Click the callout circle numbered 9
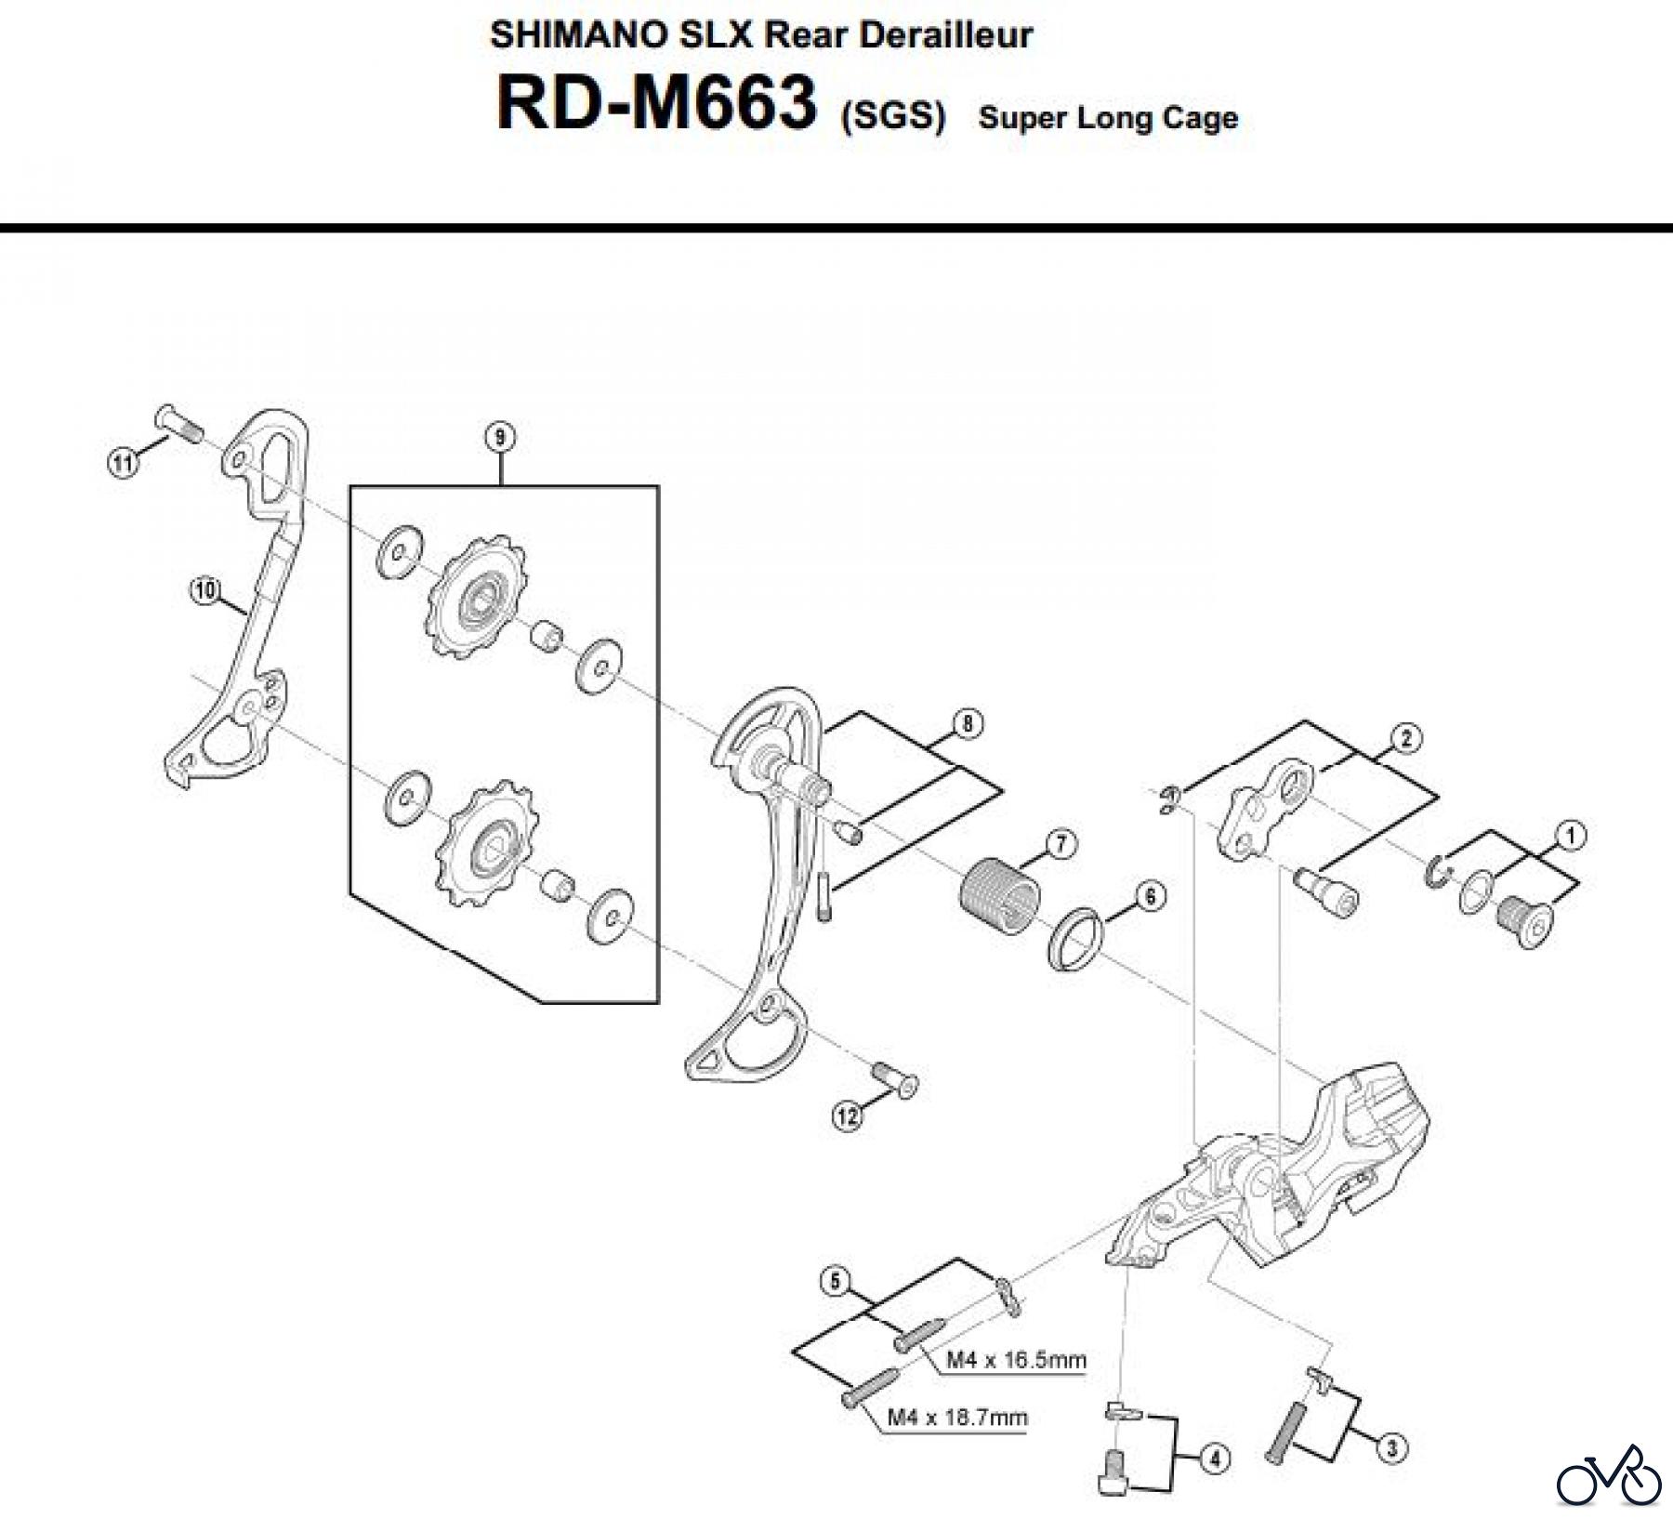(500, 437)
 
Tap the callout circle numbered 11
(122, 462)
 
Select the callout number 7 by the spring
(1060, 844)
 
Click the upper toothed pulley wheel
(479, 596)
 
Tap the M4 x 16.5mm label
(1016, 1361)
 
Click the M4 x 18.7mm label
(957, 1418)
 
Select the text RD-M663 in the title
(657, 105)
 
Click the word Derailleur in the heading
(945, 35)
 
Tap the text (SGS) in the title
(892, 118)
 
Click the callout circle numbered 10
(204, 588)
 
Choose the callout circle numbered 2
(1405, 738)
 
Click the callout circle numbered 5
(835, 1283)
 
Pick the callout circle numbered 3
(1390, 1447)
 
